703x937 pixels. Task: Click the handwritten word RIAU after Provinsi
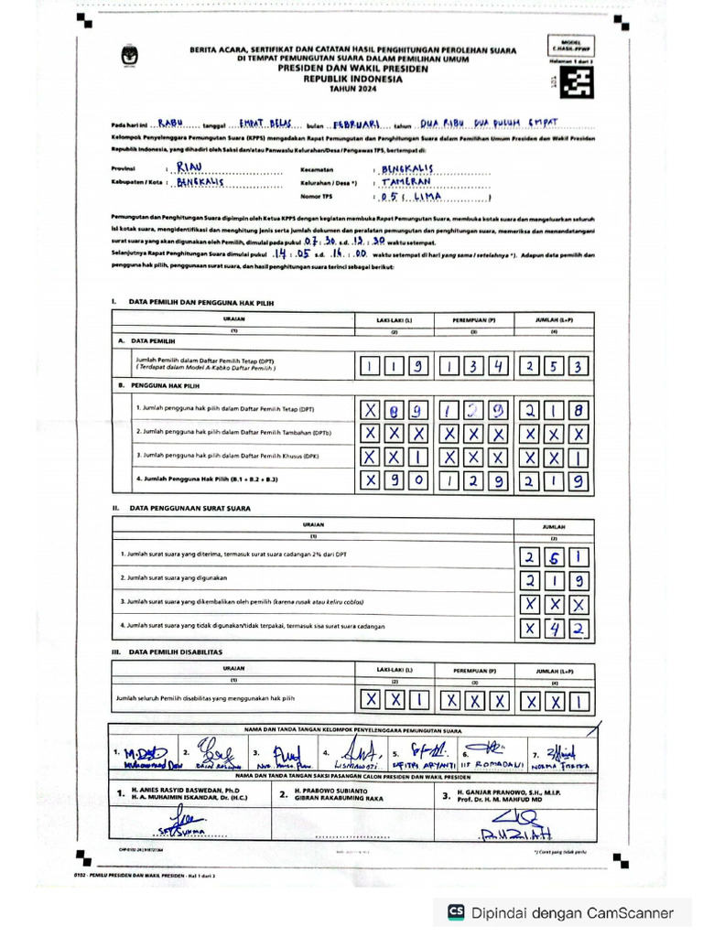coord(189,167)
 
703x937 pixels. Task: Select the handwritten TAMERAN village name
coord(406,182)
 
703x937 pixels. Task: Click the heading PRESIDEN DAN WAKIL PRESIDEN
coord(352,68)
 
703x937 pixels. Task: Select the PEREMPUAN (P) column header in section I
coord(472,319)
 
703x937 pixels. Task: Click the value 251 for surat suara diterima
coord(555,556)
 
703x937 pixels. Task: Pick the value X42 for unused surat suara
coord(555,628)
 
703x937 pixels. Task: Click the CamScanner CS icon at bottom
coord(455,912)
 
